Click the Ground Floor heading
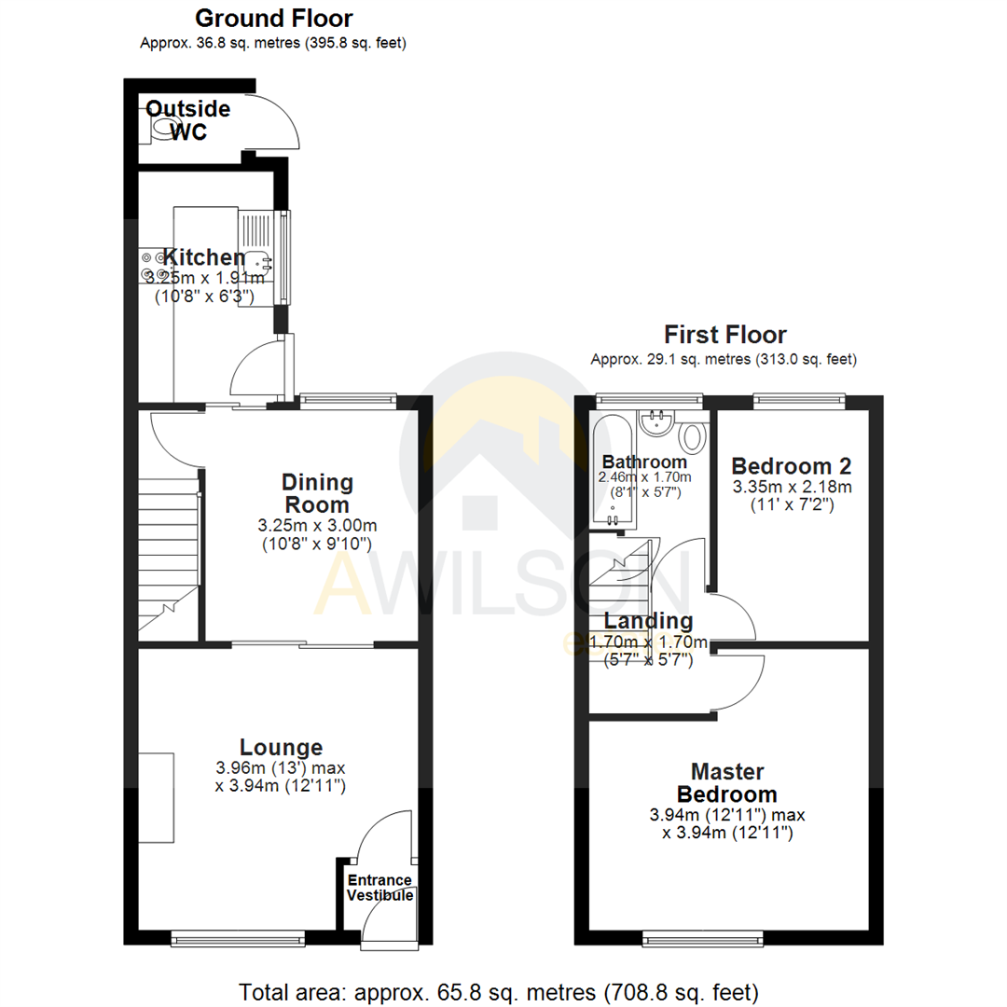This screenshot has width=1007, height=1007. (x=273, y=18)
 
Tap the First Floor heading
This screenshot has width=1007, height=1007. (x=724, y=335)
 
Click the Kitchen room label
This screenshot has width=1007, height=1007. (x=204, y=257)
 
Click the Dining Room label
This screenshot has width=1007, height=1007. (x=317, y=493)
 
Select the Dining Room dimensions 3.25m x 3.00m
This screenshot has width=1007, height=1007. (x=317, y=526)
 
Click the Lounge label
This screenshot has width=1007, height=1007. (x=281, y=747)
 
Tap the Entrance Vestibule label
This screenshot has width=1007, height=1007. (x=380, y=888)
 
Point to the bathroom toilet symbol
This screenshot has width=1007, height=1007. (x=691, y=435)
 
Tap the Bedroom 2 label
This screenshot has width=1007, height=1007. (x=791, y=466)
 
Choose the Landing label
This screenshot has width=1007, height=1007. (x=648, y=621)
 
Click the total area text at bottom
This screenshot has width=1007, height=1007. (x=499, y=990)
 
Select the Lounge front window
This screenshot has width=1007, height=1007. (x=237, y=936)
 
